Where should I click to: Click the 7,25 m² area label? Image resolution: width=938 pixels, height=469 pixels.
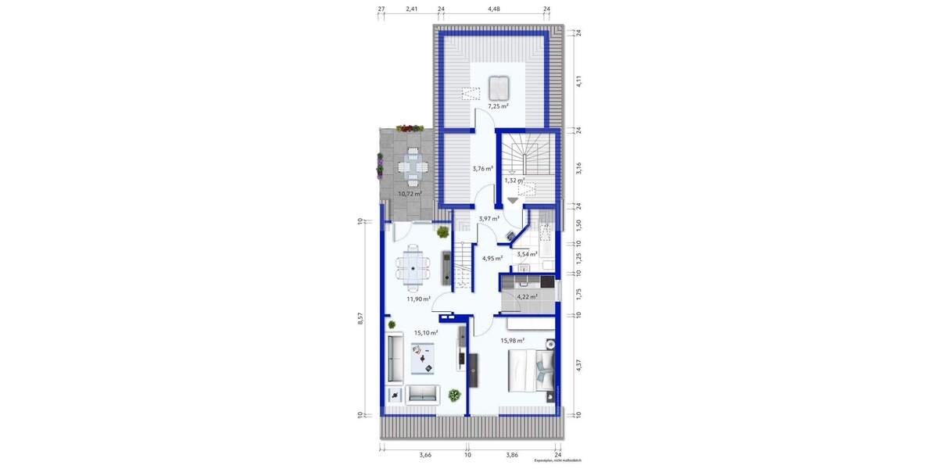[x=498, y=106]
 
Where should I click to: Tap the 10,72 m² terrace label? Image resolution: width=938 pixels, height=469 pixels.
[x=410, y=193]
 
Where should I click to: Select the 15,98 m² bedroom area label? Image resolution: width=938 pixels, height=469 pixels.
[x=512, y=340]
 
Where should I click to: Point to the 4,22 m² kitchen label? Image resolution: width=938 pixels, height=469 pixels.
[x=528, y=296]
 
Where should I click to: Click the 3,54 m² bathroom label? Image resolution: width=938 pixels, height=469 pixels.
[x=527, y=254]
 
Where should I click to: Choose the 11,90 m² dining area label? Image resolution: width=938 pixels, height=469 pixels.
[x=418, y=298]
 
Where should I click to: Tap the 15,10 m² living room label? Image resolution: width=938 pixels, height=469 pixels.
[x=425, y=332]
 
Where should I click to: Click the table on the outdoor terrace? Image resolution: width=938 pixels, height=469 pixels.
[x=410, y=166]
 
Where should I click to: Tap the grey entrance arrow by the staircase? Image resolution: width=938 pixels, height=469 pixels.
[x=512, y=201]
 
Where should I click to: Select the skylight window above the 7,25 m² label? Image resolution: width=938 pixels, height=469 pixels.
[x=498, y=85]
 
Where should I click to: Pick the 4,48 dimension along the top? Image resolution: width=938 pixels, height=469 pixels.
[x=493, y=9]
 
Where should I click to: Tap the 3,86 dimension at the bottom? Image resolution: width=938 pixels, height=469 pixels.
[x=511, y=454]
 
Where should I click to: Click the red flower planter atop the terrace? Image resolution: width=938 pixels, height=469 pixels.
[x=410, y=128]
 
